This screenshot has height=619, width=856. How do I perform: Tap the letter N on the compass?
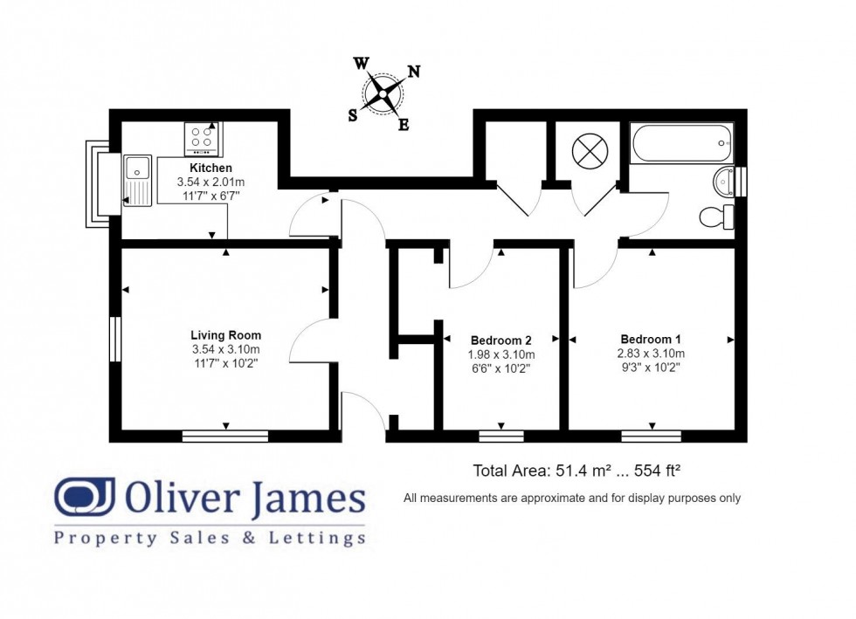(x=414, y=72)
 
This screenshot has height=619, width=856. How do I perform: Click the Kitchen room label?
(x=211, y=168)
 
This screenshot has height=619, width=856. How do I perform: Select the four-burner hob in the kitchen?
(x=203, y=139)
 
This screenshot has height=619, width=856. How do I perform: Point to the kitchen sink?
(x=137, y=179)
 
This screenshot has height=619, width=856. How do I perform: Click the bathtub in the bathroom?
(x=681, y=141)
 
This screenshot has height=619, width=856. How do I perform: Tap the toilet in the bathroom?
(x=717, y=216)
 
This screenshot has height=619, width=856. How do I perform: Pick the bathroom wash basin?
(x=724, y=182)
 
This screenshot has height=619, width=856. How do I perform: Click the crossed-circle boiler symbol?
(x=589, y=152)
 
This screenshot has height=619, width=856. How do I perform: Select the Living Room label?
(x=225, y=334)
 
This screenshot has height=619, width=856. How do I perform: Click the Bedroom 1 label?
(x=651, y=339)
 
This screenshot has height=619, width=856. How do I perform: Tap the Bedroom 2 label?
(x=500, y=340)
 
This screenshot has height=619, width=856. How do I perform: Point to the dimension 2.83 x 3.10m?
(x=651, y=354)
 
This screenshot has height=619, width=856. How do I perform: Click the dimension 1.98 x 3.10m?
(x=501, y=354)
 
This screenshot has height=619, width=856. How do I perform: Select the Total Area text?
(x=576, y=471)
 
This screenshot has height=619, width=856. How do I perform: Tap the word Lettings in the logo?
(x=318, y=538)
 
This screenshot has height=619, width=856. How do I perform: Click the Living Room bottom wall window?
(x=225, y=435)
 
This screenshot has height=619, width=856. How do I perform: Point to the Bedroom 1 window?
(x=651, y=435)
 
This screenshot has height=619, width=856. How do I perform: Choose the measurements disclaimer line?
(x=572, y=498)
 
